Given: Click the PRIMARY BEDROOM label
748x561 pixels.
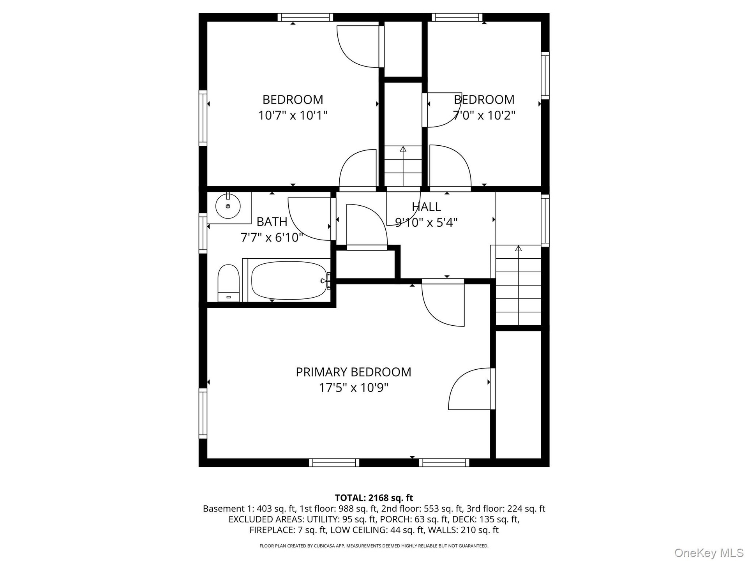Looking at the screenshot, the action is tap(353, 372).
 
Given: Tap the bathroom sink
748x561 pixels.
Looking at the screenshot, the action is tap(228, 206).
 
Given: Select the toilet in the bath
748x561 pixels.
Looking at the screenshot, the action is tap(228, 283).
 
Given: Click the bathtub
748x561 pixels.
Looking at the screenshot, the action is tap(289, 280).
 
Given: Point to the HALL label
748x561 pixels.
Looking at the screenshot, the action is tap(426, 206).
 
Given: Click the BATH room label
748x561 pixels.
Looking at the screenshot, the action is tap(272, 222).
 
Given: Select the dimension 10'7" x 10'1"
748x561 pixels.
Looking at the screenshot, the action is tap(293, 115).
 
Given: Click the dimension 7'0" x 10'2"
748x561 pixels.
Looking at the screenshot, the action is tap(484, 115).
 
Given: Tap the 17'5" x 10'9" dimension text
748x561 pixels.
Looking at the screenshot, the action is tap(354, 388).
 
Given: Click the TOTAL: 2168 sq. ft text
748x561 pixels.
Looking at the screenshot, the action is tap(374, 497).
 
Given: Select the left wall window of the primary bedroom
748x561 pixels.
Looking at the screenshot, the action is tap(203, 413).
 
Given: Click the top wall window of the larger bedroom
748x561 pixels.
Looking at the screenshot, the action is tap(305, 17).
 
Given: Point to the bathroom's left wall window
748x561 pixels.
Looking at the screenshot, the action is tap(203, 233).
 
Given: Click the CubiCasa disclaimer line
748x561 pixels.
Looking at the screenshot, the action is tap(374, 546).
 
